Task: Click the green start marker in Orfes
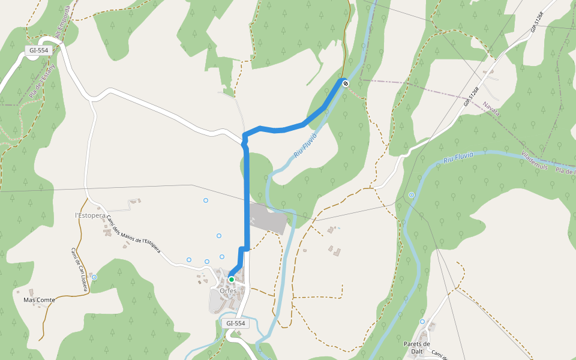pos(231,280)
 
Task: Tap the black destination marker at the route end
pos(345,83)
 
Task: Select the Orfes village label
pos(227,291)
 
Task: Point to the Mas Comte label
pos(39,299)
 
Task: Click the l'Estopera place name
pos(90,215)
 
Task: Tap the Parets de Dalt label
pos(417,347)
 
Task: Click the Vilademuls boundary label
pos(535,160)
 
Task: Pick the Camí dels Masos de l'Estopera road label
pos(133,236)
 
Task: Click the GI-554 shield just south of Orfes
pos(236,323)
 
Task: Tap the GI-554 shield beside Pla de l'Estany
pos(38,50)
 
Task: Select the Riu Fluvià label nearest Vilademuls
pos(458,158)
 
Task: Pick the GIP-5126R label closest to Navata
pos(471,97)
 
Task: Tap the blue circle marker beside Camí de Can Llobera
pos(94,277)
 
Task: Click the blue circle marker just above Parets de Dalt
pos(422,322)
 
